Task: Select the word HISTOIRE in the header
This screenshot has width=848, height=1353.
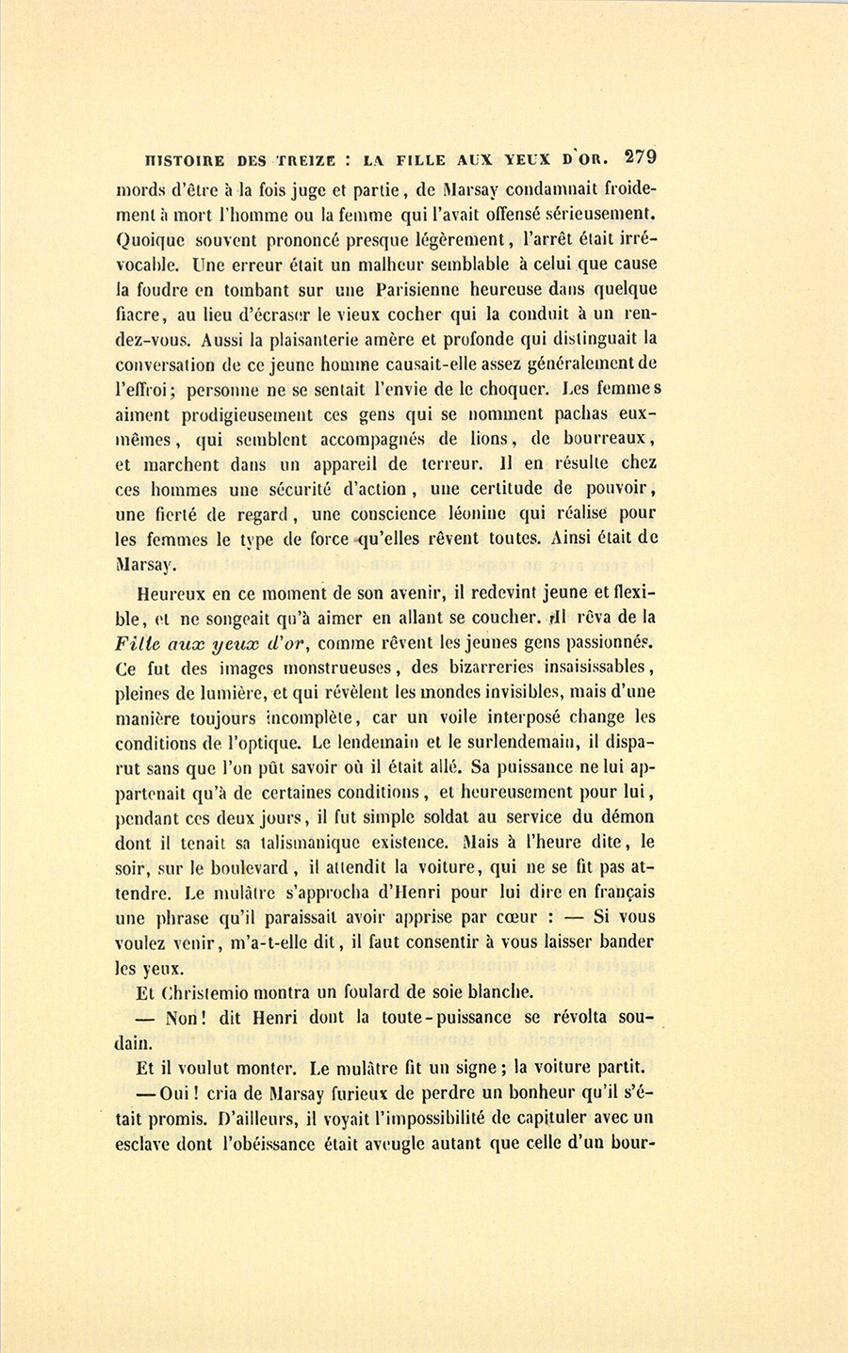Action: click(179, 160)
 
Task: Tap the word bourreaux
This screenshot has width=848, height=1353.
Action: click(602, 439)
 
